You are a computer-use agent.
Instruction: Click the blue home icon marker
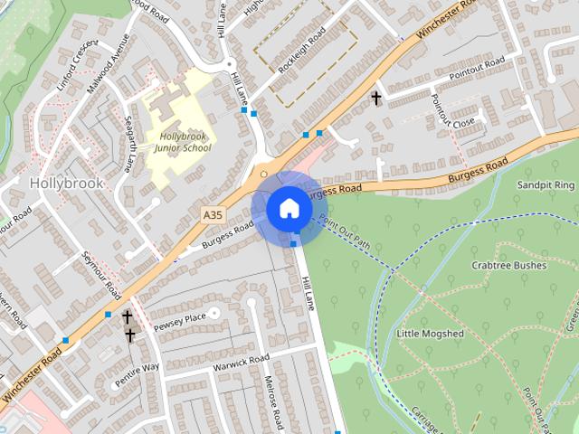(x=289, y=208)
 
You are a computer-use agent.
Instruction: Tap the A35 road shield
(x=213, y=214)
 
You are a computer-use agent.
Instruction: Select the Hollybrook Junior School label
(x=176, y=142)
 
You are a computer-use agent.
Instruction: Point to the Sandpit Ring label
(x=546, y=184)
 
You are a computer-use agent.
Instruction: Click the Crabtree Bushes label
(x=508, y=266)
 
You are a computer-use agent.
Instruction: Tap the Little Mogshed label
(x=430, y=334)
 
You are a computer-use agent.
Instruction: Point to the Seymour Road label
(x=102, y=276)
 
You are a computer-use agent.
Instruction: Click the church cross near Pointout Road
(x=375, y=97)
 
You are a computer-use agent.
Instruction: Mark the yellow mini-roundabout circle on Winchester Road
(x=263, y=173)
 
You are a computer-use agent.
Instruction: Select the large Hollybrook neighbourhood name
(x=67, y=182)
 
